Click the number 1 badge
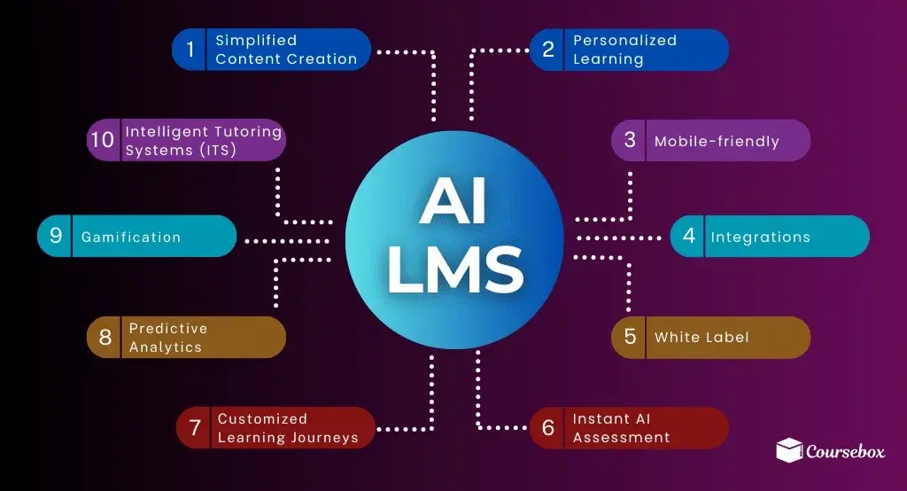tap(190, 50)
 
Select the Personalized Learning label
tap(624, 50)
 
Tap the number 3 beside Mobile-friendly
tap(630, 139)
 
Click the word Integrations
tap(760, 237)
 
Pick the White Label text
tap(702, 337)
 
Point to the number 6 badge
tap(547, 428)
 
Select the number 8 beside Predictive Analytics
tap(105, 337)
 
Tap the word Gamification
tap(131, 237)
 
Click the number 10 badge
tap(103, 139)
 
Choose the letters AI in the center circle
tap(453, 201)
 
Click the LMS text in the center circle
tap(455, 269)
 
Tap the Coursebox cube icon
tap(789, 450)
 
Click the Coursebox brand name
tap(845, 451)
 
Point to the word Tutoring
tap(244, 133)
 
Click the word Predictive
tap(167, 328)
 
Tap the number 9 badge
tap(56, 235)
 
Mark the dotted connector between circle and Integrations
tap(619, 238)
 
